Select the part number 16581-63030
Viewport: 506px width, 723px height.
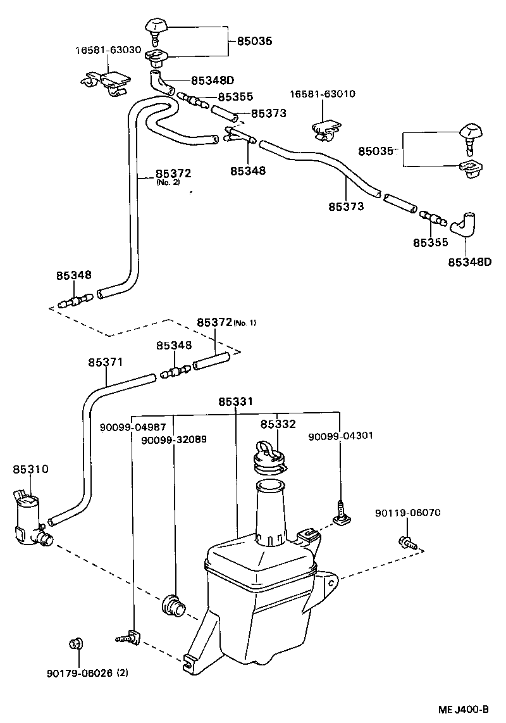point(108,50)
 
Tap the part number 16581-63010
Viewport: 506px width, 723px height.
point(323,94)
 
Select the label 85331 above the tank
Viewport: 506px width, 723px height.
point(236,401)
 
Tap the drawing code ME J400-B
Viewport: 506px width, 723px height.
point(463,709)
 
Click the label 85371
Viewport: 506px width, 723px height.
point(106,362)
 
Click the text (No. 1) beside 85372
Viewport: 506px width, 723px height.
point(245,323)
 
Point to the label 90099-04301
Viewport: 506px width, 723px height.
point(340,436)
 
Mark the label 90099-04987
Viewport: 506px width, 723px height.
point(133,427)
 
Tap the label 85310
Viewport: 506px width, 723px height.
point(30,469)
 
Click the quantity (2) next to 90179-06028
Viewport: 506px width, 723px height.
point(122,673)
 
